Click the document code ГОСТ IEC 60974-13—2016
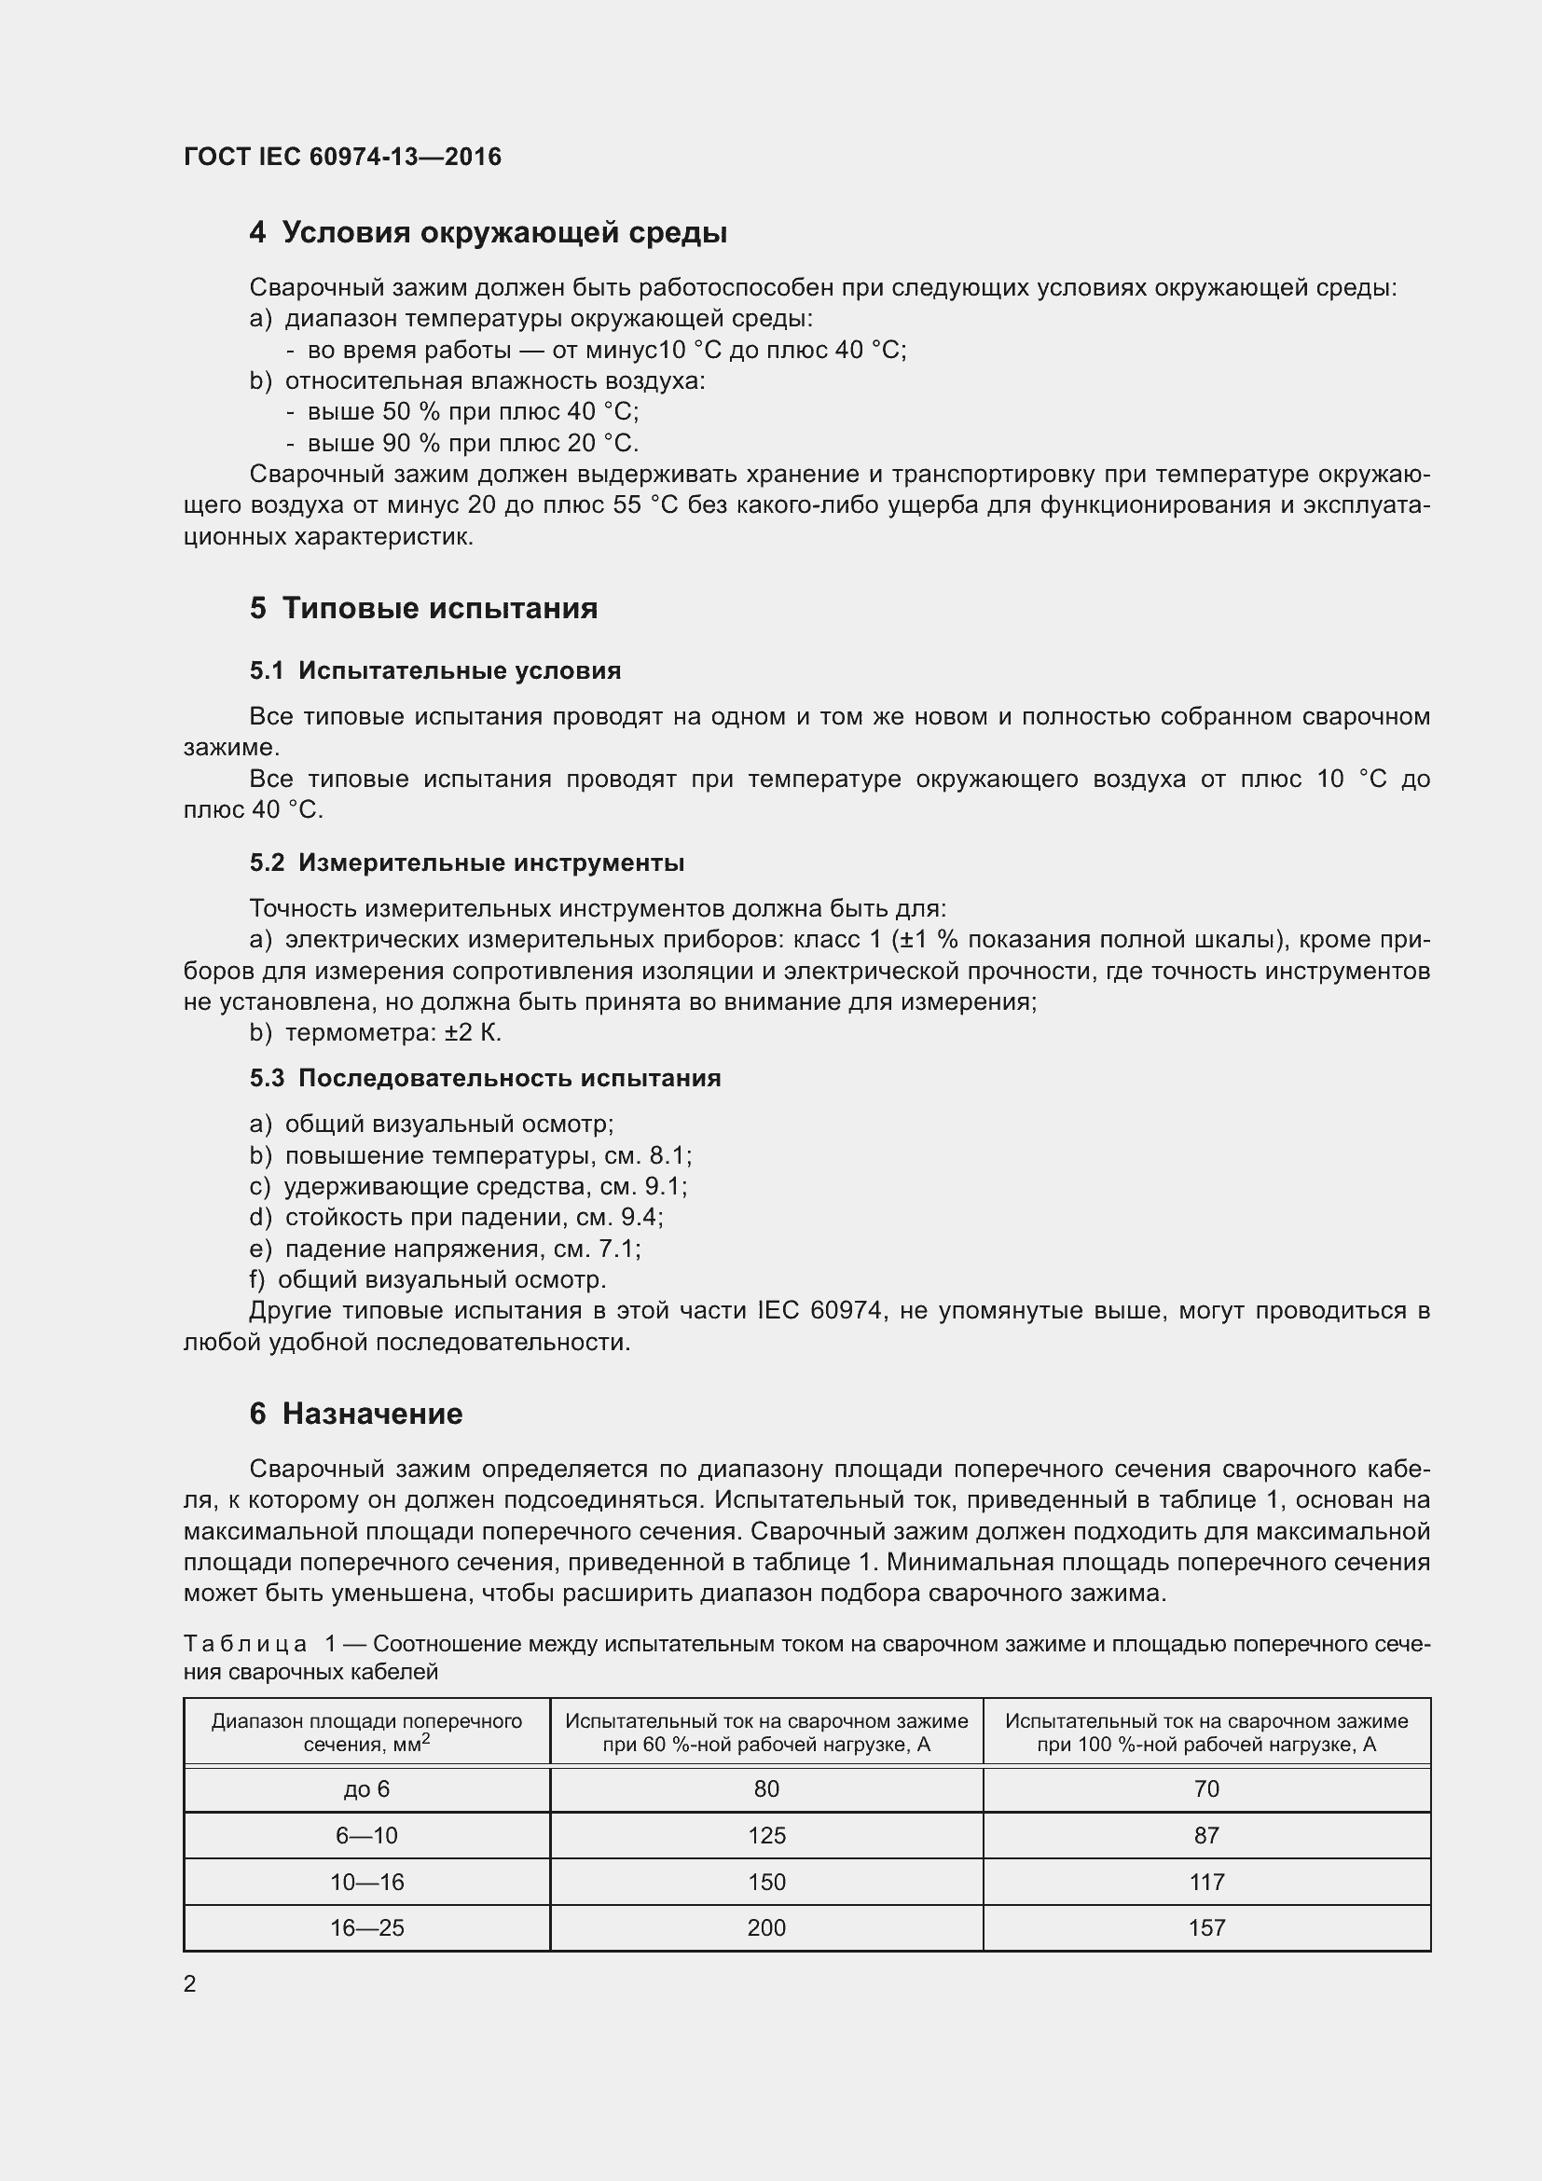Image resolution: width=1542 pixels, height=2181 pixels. [x=342, y=157]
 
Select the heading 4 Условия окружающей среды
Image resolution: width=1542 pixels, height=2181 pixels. [x=488, y=233]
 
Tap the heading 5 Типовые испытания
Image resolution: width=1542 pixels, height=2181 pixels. [x=423, y=608]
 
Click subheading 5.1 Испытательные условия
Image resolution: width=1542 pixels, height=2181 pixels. [x=434, y=670]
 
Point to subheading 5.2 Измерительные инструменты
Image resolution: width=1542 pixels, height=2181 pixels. [x=466, y=863]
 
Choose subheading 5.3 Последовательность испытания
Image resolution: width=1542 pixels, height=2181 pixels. [x=485, y=1078]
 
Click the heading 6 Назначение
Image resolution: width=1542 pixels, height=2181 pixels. [x=356, y=1414]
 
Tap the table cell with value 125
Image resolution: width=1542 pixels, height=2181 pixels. [x=766, y=1835]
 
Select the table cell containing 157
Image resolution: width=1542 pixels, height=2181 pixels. [x=1205, y=1927]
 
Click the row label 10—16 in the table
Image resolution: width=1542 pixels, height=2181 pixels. [x=366, y=1882]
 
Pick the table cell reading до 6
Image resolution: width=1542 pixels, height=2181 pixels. [x=366, y=1789]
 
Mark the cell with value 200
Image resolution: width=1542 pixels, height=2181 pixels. [x=766, y=1927]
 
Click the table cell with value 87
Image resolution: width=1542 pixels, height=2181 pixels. [x=1205, y=1835]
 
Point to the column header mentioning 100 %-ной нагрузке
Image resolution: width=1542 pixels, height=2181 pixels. [x=1205, y=1732]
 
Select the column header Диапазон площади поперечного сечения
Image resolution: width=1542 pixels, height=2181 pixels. [x=366, y=1732]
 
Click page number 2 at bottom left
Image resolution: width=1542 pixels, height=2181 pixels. [x=190, y=1983]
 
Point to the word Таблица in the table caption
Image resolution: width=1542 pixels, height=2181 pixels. [x=245, y=1643]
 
